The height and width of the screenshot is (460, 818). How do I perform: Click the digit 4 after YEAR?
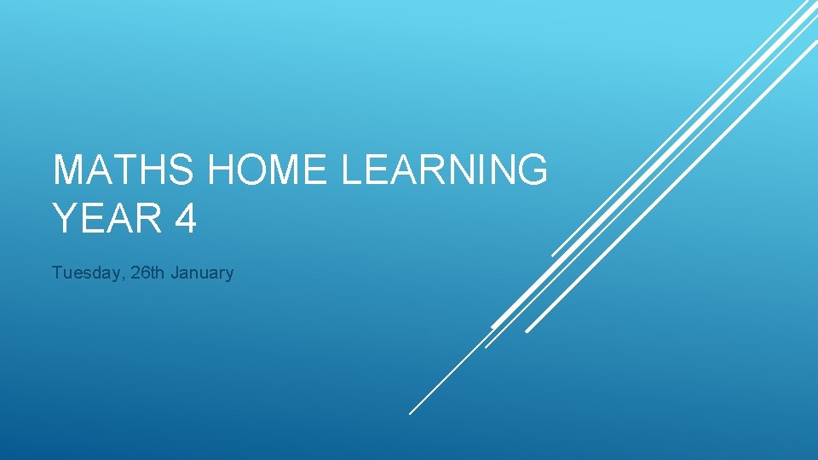[x=185, y=218]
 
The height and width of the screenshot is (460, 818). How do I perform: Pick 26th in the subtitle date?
[x=148, y=273]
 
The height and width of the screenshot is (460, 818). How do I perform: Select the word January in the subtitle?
[x=202, y=273]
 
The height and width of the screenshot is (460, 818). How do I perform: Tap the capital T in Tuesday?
[x=56, y=273]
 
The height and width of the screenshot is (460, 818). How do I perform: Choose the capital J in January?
[x=175, y=273]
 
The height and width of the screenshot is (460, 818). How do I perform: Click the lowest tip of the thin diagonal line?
[x=410, y=413]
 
